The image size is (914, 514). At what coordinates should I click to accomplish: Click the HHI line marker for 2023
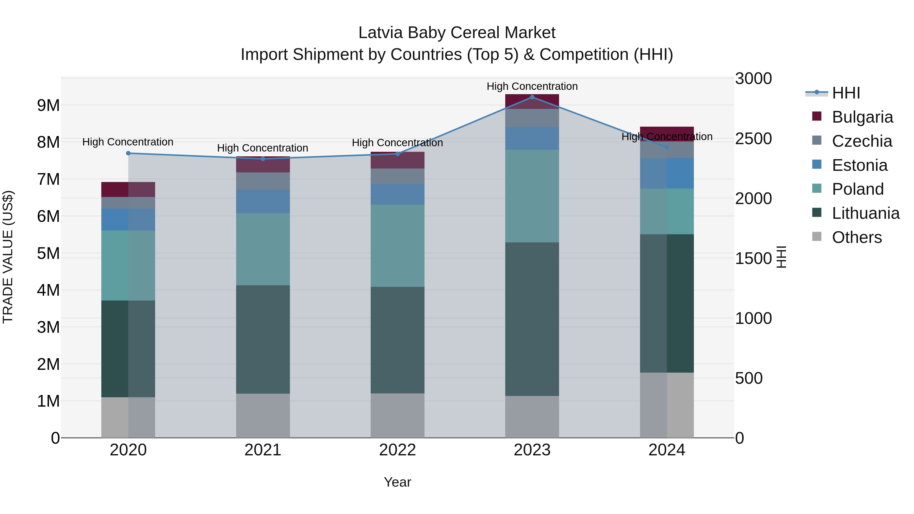point(532,97)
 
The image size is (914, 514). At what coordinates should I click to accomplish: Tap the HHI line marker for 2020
point(128,153)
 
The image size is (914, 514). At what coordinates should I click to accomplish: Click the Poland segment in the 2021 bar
point(263,249)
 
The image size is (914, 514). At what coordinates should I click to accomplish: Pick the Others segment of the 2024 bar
point(667,405)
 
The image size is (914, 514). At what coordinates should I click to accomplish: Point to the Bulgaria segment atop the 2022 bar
point(397,161)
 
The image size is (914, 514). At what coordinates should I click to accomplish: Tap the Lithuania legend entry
point(866,213)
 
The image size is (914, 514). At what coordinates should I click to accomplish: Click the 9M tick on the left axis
point(48,105)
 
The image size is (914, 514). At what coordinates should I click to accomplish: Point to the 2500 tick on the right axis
point(753,138)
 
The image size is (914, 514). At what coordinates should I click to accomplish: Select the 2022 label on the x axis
point(397,450)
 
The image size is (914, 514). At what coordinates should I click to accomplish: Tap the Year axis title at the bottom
point(397,482)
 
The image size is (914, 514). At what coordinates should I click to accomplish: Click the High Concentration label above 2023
point(532,86)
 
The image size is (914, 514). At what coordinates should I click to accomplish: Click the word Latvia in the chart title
point(380,33)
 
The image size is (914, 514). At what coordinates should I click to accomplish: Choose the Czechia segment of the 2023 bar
point(532,118)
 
